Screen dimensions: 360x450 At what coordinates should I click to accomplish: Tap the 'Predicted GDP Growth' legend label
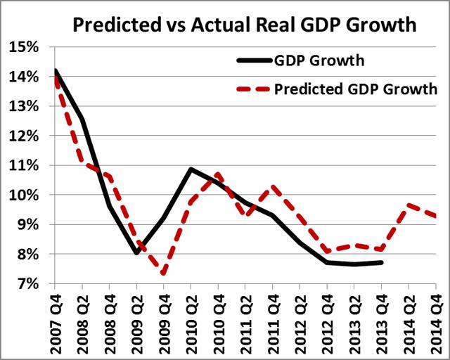356,89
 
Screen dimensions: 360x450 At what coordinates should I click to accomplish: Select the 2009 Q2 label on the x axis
136,322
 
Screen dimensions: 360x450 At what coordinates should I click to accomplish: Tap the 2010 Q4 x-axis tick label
218,322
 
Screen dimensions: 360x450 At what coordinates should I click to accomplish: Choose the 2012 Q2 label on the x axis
300,322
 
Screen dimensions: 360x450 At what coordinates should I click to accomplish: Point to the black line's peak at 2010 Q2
191,169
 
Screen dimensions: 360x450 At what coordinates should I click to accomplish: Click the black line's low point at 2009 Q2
136,253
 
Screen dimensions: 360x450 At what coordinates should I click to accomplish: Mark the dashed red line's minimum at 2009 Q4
163,273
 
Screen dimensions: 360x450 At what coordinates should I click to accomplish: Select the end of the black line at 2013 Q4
381,262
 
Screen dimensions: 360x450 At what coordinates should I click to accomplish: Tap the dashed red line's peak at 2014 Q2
409,205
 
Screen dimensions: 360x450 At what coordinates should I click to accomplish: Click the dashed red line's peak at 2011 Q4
272,186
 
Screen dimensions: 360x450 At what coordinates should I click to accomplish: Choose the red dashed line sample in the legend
250,89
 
